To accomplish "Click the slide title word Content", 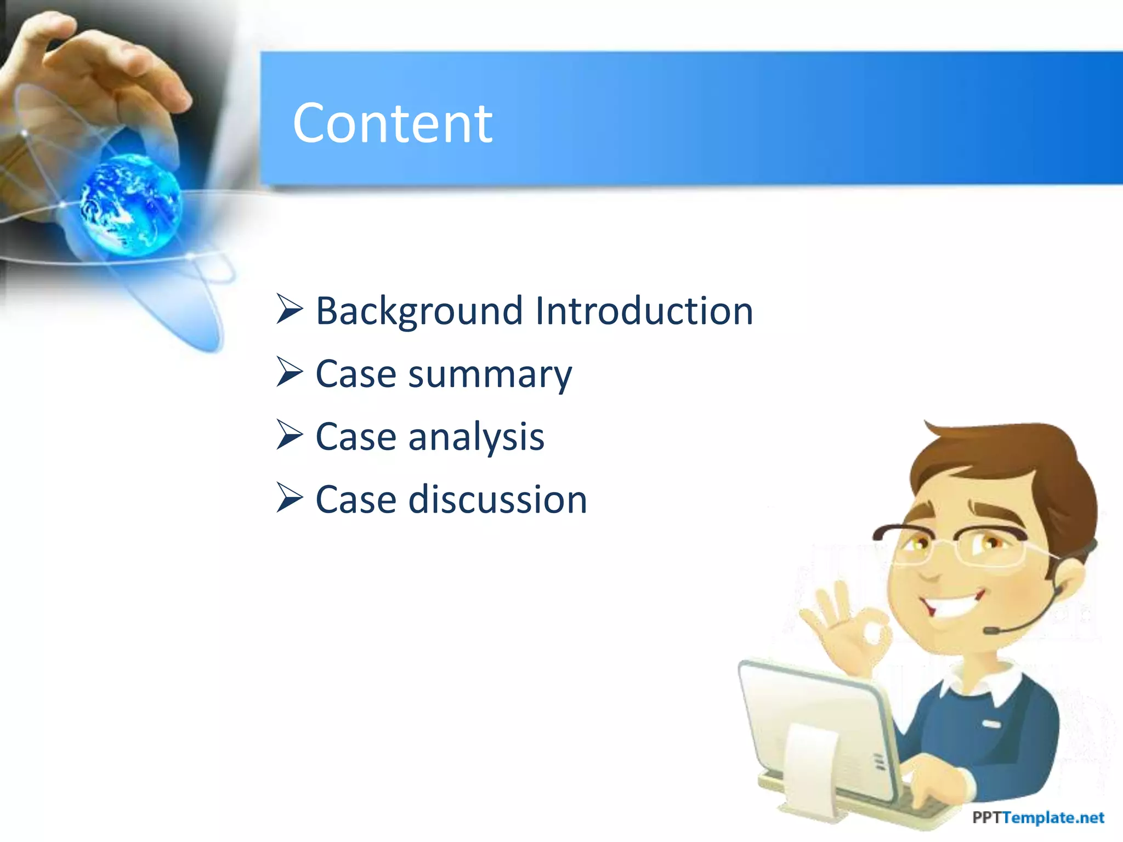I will coord(393,124).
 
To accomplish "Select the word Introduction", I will coord(644,310).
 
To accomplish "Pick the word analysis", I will coord(476,438).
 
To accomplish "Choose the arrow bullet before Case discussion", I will coord(290,498).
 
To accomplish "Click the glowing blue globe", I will coord(131,204).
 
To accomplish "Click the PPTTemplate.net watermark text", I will coord(1037,817).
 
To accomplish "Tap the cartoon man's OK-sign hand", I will coord(847,630).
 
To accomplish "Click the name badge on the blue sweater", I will coord(991,724).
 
